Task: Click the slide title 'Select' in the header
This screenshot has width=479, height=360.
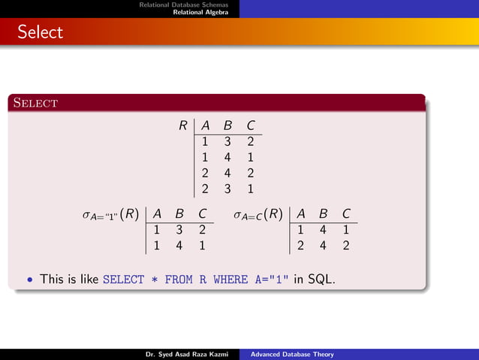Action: click(41, 32)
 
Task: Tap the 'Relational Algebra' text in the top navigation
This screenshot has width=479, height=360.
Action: click(205, 13)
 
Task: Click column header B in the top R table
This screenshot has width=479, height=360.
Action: click(227, 126)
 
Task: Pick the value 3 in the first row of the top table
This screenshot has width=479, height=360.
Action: click(227, 141)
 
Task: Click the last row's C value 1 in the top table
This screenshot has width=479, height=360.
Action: click(250, 189)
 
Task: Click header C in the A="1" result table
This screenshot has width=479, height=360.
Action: click(203, 214)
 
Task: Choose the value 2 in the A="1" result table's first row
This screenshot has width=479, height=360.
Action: click(203, 229)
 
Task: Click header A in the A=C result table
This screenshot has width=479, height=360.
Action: click(300, 214)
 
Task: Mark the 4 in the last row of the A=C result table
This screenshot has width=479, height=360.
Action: click(323, 245)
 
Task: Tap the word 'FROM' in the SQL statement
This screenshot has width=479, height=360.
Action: click(178, 280)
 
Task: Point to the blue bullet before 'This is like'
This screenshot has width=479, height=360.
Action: click(29, 280)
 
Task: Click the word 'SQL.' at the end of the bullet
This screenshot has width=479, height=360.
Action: click(321, 280)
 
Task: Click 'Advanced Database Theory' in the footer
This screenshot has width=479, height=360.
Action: click(292, 354)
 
